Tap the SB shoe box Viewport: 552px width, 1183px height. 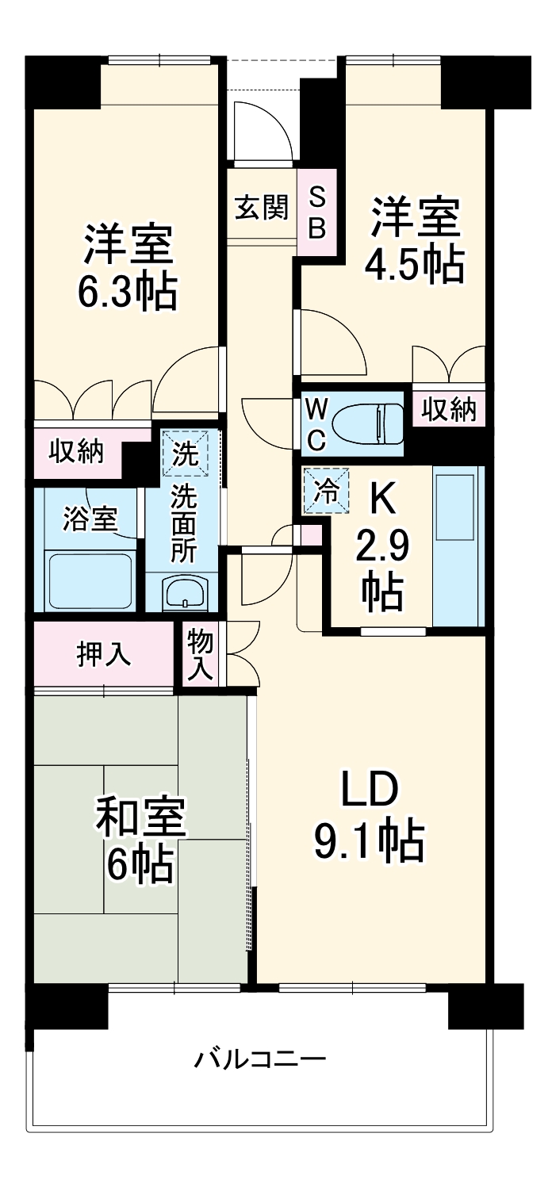[x=316, y=212]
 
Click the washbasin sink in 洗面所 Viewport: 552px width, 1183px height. [x=184, y=591]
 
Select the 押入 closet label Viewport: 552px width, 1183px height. [x=103, y=655]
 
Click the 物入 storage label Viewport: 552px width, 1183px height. [x=200, y=655]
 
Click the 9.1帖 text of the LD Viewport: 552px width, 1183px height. [x=369, y=841]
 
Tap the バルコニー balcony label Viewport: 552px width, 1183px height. [x=260, y=1059]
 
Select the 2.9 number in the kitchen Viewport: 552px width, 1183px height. [x=382, y=547]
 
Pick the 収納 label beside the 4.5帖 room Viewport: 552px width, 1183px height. [x=448, y=410]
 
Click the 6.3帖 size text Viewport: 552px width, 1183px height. [x=127, y=292]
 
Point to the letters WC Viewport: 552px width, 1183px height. [x=316, y=425]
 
